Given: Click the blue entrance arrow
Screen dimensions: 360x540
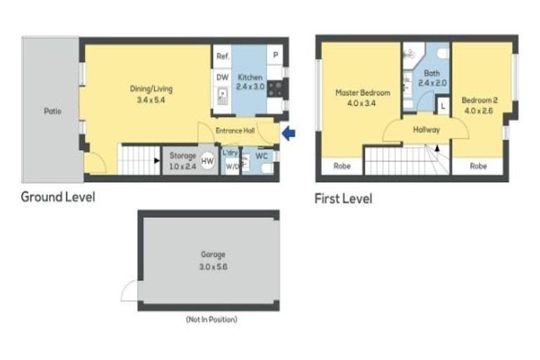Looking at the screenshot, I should (288, 132).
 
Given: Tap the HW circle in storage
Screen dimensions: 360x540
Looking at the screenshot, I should (207, 161).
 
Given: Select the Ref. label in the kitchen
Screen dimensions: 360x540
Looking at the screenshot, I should (222, 56).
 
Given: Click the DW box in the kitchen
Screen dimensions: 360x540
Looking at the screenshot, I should (222, 77).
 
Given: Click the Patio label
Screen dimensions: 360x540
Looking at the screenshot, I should (52, 110).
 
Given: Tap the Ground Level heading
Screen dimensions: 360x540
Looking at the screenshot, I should (58, 196).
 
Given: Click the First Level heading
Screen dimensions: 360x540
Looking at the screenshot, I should (343, 199).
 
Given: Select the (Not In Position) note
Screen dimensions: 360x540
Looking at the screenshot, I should (211, 320).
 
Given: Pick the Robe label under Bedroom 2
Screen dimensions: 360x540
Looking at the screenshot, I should (478, 167).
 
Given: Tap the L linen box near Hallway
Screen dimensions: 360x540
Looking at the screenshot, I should (442, 106).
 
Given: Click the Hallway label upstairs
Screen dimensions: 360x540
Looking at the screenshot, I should (426, 129).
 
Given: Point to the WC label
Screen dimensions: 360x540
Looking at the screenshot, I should (261, 155).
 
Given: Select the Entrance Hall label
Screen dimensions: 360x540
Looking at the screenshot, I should (234, 130).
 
